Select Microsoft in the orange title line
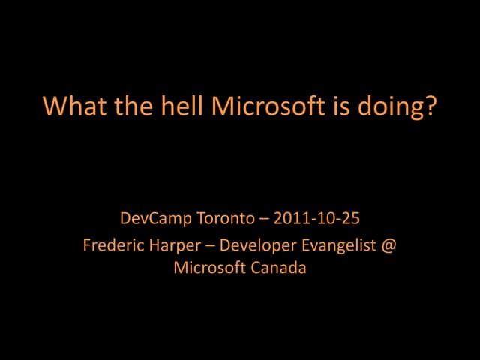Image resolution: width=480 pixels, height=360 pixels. click(266, 106)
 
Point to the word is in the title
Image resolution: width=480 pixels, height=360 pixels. click(337, 106)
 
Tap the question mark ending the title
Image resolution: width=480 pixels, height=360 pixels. click(430, 106)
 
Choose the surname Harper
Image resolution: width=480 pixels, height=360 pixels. click(169, 246)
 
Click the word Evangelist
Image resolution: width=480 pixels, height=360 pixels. click(337, 246)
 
